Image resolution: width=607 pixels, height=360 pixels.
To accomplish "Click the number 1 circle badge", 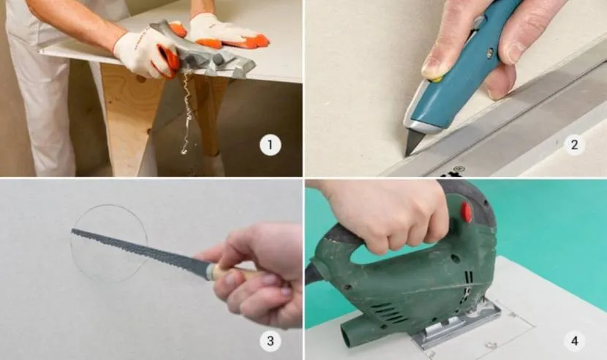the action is [x=270, y=145].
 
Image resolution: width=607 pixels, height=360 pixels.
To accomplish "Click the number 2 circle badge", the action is [x=574, y=145].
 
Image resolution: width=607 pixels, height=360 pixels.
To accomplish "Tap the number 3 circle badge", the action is [x=270, y=341].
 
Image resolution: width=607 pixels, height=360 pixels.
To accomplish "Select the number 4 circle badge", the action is [x=574, y=341].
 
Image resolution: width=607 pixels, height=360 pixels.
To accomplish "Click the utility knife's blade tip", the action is [x=406, y=156].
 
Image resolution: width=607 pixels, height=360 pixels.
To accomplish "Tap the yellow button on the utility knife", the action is [x=437, y=79].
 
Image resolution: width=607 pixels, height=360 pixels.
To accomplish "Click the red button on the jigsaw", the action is [x=467, y=211].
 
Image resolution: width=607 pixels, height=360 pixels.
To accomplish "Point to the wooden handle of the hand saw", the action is [x=233, y=271].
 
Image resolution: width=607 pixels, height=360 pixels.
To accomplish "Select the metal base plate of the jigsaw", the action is [x=457, y=326].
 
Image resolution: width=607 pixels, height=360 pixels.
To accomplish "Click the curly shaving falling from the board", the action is [x=186, y=113].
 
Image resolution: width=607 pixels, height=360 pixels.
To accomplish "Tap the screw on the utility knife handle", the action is [x=490, y=51].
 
